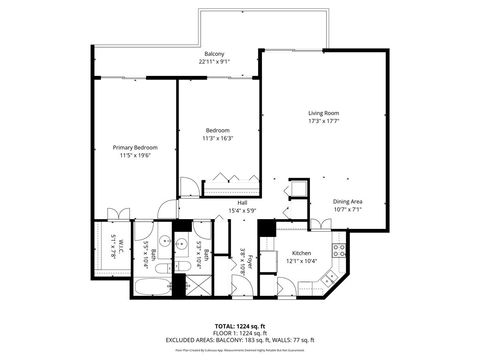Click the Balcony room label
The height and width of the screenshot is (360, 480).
(214, 54)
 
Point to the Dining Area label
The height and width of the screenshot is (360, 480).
(347, 202)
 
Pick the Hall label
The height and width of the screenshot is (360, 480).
(242, 203)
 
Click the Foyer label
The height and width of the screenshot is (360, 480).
(251, 259)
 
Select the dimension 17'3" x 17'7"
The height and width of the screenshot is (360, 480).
(324, 122)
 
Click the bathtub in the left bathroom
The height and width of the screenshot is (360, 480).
(151, 291)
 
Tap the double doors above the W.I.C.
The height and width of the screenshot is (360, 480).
(117, 213)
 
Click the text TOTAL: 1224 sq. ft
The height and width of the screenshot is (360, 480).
(239, 327)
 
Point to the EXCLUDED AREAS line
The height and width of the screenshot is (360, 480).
(239, 341)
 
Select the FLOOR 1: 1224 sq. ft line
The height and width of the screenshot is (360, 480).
(239, 334)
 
